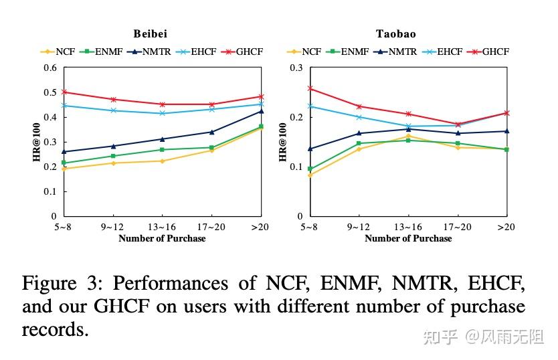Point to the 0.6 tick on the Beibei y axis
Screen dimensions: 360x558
coord(51,68)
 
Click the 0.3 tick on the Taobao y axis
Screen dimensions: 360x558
coord(297,68)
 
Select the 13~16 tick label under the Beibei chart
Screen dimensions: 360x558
coord(162,227)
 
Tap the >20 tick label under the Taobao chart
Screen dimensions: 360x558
coord(506,227)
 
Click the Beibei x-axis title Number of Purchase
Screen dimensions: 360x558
coord(162,238)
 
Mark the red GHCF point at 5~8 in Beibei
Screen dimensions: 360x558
coord(64,92)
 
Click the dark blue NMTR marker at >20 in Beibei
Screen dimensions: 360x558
coord(261,111)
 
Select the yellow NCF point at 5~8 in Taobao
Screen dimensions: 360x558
coord(310,175)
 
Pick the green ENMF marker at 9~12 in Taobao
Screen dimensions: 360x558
coord(359,143)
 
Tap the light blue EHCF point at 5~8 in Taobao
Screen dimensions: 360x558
coord(310,106)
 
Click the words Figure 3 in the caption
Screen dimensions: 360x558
coord(59,284)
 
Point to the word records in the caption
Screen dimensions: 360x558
coord(55,330)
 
